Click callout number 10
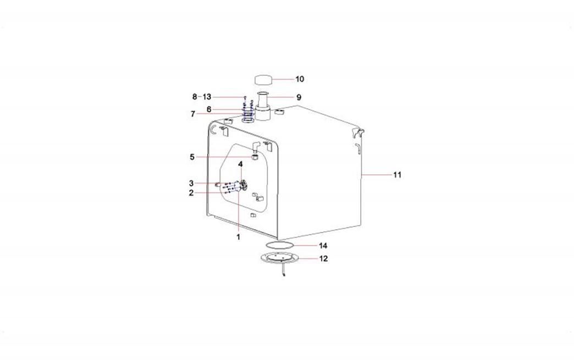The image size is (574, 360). click(x=300, y=79)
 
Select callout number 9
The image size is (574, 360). click(x=299, y=97)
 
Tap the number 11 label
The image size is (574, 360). click(x=397, y=175)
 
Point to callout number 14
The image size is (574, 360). click(x=323, y=246)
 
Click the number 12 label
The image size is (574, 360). click(x=324, y=259)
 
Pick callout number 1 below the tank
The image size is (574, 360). click(x=238, y=237)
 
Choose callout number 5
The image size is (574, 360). click(x=192, y=157)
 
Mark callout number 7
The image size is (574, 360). click(x=193, y=114)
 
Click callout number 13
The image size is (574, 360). click(x=207, y=97)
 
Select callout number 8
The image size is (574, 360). click(x=195, y=97)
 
